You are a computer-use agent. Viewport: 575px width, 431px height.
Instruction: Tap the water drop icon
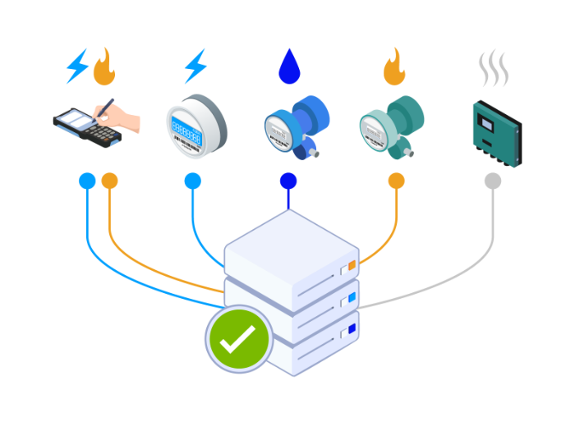[x=289, y=66]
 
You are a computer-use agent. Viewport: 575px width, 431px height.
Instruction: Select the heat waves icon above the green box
[x=493, y=69]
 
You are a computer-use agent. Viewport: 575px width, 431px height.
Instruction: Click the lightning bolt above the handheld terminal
[x=77, y=66]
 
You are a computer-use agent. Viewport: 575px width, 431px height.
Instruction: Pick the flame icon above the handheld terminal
[x=104, y=68]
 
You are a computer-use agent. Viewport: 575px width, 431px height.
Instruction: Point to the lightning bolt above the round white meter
[x=195, y=66]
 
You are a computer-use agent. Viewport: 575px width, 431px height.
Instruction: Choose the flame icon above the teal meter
[x=394, y=67]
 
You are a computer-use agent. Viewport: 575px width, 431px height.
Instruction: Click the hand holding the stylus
[x=125, y=119]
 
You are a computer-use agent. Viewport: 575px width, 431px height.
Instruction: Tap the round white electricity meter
[x=195, y=125]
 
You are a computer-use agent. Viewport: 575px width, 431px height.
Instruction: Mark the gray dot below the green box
[x=493, y=181]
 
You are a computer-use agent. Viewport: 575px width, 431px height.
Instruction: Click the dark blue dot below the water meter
[x=288, y=181]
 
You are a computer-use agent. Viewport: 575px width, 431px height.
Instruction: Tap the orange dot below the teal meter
[x=396, y=181]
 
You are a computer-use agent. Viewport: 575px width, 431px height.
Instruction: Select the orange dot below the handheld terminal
[x=109, y=181]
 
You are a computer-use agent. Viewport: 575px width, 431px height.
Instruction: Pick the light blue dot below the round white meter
[x=192, y=181]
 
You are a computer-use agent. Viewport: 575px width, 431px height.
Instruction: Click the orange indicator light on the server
[x=352, y=266]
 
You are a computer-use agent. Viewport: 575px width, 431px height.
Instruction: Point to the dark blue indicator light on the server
[x=352, y=329]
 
